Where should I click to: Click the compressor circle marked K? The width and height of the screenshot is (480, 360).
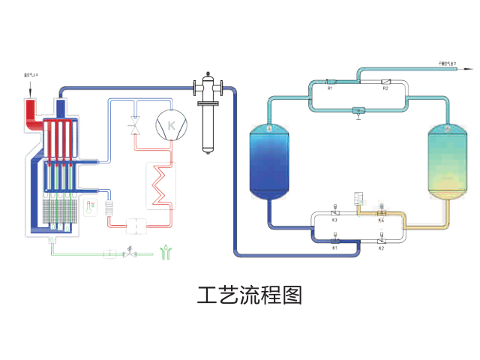[x=169, y=125]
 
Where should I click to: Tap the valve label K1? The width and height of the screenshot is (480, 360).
[x=335, y=247]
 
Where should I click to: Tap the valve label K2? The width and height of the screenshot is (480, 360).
[x=381, y=247]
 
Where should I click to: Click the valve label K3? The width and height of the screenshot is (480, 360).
[x=334, y=220]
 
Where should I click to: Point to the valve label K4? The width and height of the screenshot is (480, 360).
[x=381, y=220]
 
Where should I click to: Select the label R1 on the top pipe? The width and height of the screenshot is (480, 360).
[x=330, y=89]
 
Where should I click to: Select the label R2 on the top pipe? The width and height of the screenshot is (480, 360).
[x=385, y=89]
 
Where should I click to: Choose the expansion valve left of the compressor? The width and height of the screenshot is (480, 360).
[x=136, y=126]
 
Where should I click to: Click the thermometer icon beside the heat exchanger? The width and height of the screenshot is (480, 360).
[x=91, y=205]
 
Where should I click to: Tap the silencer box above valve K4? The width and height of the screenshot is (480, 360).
[x=358, y=199]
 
